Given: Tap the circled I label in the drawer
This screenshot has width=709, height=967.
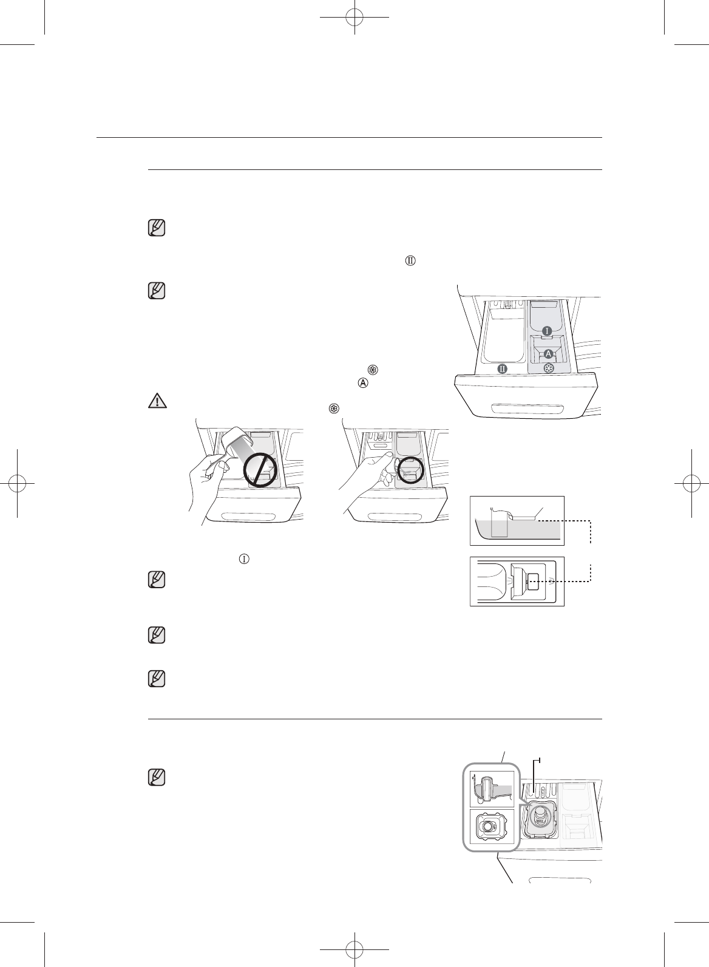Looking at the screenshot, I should [547, 331].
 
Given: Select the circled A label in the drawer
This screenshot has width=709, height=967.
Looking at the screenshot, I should [548, 353].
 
